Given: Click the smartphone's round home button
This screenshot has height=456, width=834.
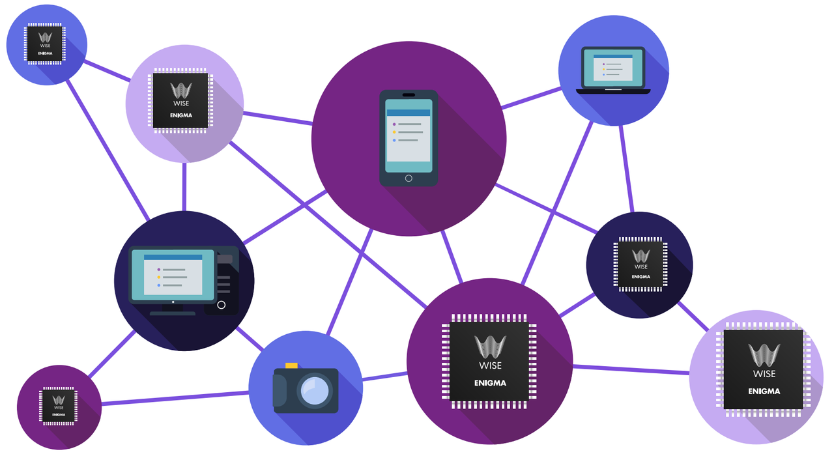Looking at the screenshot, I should pyautogui.click(x=409, y=178).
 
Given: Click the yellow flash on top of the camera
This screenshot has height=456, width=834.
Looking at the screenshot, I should pyautogui.click(x=291, y=365).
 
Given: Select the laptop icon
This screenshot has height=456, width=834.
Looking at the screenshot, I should pyautogui.click(x=613, y=70).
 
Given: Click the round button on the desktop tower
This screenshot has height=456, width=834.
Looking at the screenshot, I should pyautogui.click(x=221, y=305).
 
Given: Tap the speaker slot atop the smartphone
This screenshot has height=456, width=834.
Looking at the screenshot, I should pyautogui.click(x=409, y=95).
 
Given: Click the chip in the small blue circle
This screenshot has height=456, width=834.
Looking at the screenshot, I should pyautogui.click(x=45, y=44).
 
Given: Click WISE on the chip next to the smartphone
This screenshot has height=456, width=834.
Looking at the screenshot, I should pyautogui.click(x=180, y=104).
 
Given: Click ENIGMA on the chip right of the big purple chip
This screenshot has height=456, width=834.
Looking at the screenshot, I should pyautogui.click(x=764, y=391).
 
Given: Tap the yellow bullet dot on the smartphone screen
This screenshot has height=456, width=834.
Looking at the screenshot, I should pyautogui.click(x=394, y=132).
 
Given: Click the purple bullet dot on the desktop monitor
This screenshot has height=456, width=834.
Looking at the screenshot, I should pyautogui.click(x=159, y=269).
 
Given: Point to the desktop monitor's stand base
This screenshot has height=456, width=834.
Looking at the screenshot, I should pyautogui.click(x=173, y=313).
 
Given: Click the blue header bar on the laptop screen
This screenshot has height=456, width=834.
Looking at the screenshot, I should pyautogui.click(x=613, y=57).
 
